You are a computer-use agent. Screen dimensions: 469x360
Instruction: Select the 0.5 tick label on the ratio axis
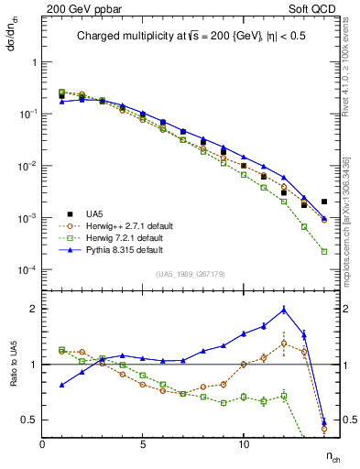tap(27, 420)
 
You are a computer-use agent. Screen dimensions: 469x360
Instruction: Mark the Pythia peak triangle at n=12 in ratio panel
tap(284, 309)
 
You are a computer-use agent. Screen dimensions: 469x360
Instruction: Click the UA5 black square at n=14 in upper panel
tap(324, 202)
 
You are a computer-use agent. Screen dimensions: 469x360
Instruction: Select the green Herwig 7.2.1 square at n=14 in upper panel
tap(324, 251)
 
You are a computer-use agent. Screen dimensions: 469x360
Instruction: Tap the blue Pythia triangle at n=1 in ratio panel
tap(61, 385)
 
